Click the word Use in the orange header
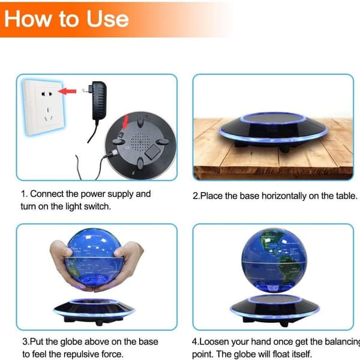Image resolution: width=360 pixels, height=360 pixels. click(107, 19)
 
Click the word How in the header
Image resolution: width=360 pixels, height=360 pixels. click(28, 19)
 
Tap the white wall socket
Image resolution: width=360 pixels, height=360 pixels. click(43, 107)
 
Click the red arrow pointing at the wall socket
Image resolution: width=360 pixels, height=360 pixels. click(67, 91)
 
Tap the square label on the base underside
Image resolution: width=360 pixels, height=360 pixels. click(152, 152)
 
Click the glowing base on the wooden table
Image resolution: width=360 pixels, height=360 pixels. click(273, 131)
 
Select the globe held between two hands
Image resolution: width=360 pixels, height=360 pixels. click(94, 258)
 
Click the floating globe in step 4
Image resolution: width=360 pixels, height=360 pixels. click(274, 260)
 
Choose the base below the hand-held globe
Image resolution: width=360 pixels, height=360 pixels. click(94, 311)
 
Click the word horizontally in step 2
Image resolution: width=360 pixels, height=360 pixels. click(284, 196)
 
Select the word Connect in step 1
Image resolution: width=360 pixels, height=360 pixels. click(47, 194)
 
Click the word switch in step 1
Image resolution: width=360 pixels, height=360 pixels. click(97, 206)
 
